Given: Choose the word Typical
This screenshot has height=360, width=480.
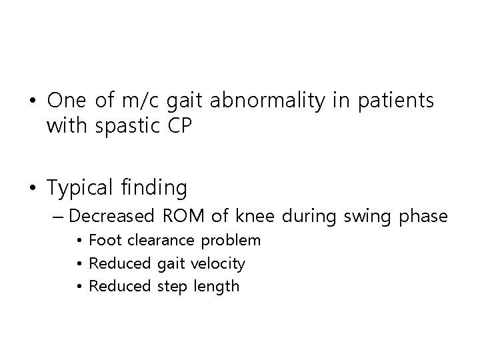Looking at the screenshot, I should tap(83, 188).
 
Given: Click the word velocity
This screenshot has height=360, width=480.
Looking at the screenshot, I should tap(218, 263).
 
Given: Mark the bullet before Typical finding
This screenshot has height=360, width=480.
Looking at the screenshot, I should tap(33, 189).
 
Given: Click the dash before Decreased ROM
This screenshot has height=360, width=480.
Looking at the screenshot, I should tap(55, 217).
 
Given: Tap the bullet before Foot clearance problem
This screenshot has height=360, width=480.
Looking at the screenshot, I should tap(79, 241).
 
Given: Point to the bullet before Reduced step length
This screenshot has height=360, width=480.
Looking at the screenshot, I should tap(79, 287).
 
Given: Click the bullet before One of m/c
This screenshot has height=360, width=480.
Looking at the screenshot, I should tap(33, 101).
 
